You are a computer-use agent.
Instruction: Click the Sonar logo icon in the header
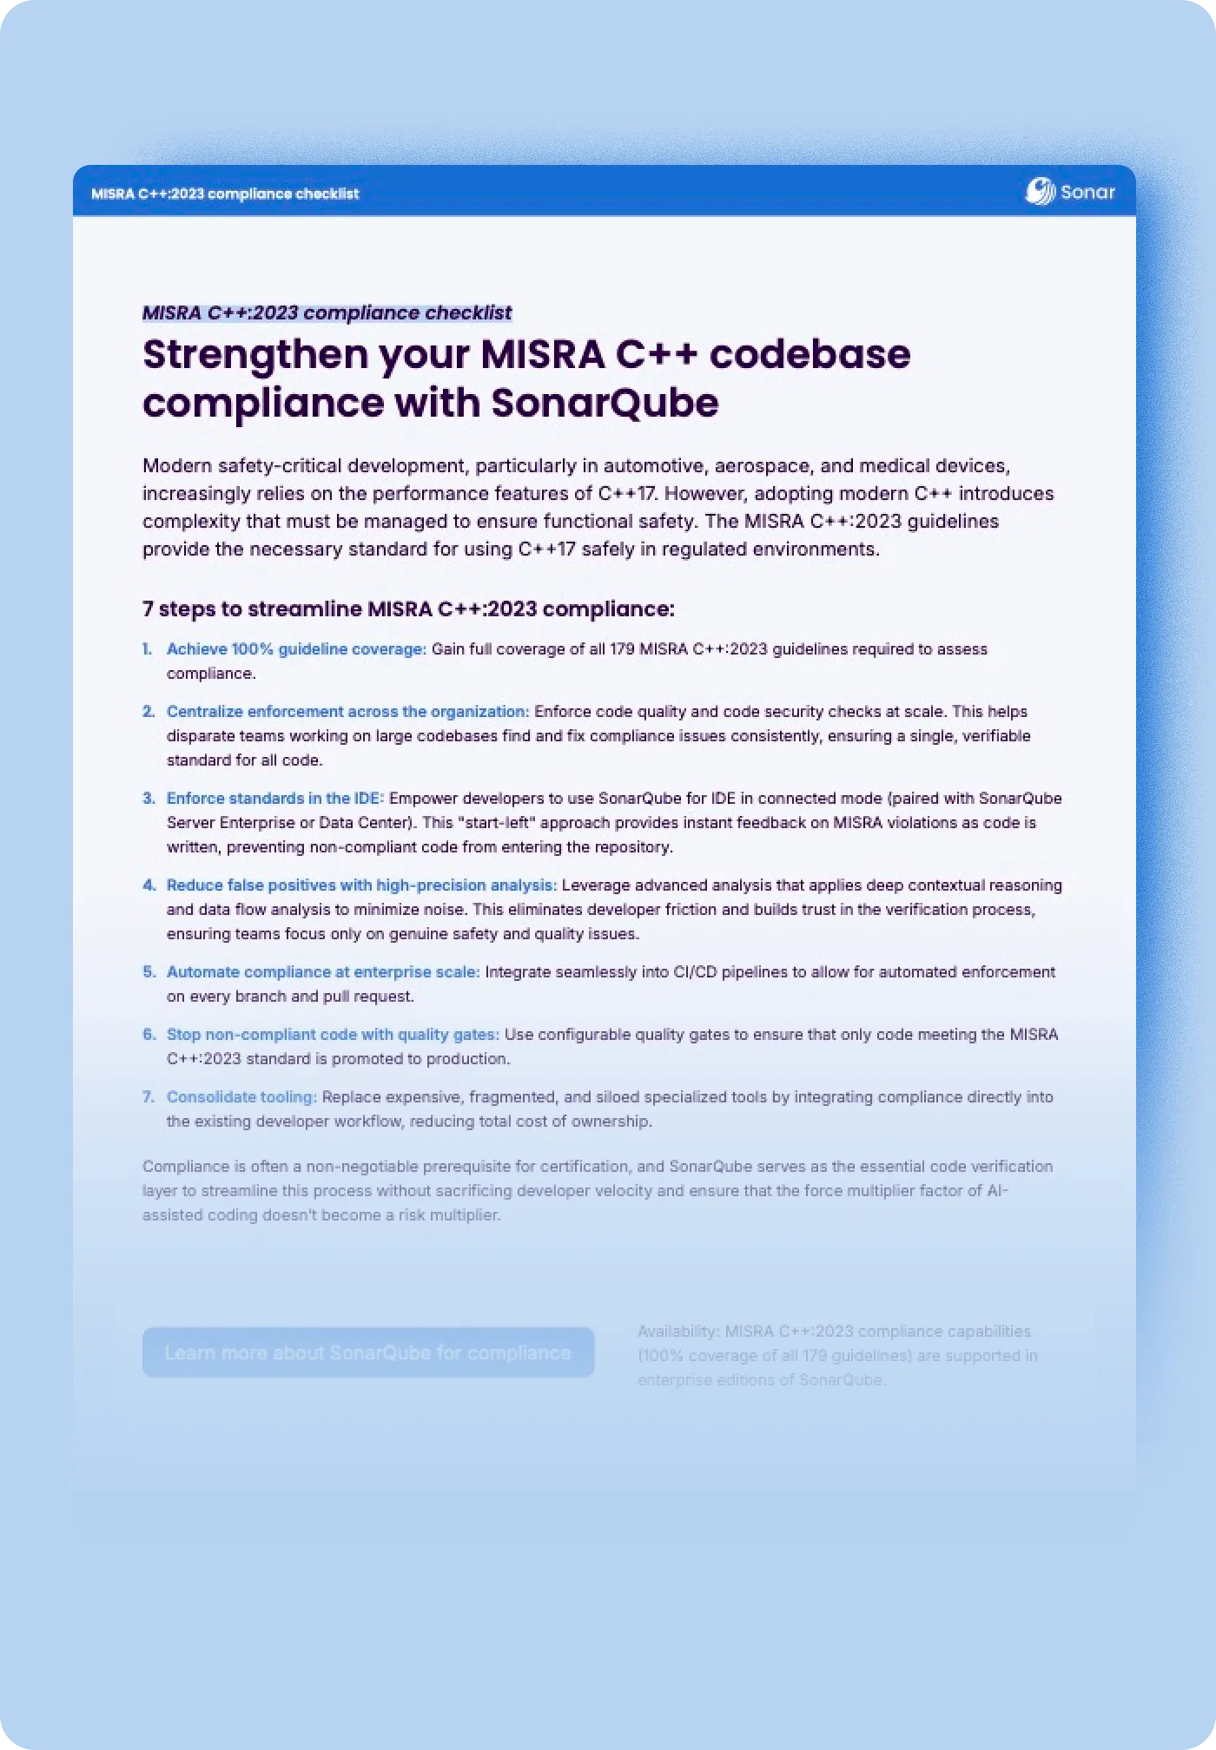[x=1040, y=192]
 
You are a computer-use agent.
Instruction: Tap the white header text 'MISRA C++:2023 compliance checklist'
[x=225, y=194]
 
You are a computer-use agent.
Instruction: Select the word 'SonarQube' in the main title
[x=605, y=403]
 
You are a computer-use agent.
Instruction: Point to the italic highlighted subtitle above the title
[x=327, y=312]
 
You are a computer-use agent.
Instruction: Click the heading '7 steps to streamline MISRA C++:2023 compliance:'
[x=408, y=609]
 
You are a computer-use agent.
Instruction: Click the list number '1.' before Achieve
[x=147, y=648]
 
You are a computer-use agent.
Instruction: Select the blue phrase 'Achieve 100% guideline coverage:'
[x=296, y=648]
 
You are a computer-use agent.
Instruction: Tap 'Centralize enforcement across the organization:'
[x=347, y=711]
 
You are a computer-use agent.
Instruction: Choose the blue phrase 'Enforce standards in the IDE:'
[x=274, y=798]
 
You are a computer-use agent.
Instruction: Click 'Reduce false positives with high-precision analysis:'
[x=361, y=885]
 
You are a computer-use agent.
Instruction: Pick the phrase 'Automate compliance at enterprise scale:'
[x=323, y=971]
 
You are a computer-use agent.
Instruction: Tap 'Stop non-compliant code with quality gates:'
[x=333, y=1034]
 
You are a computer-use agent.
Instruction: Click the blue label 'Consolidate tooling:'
[x=241, y=1096]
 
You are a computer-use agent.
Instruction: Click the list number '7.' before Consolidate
[x=148, y=1096]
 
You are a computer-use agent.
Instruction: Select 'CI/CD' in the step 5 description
[x=695, y=971]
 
